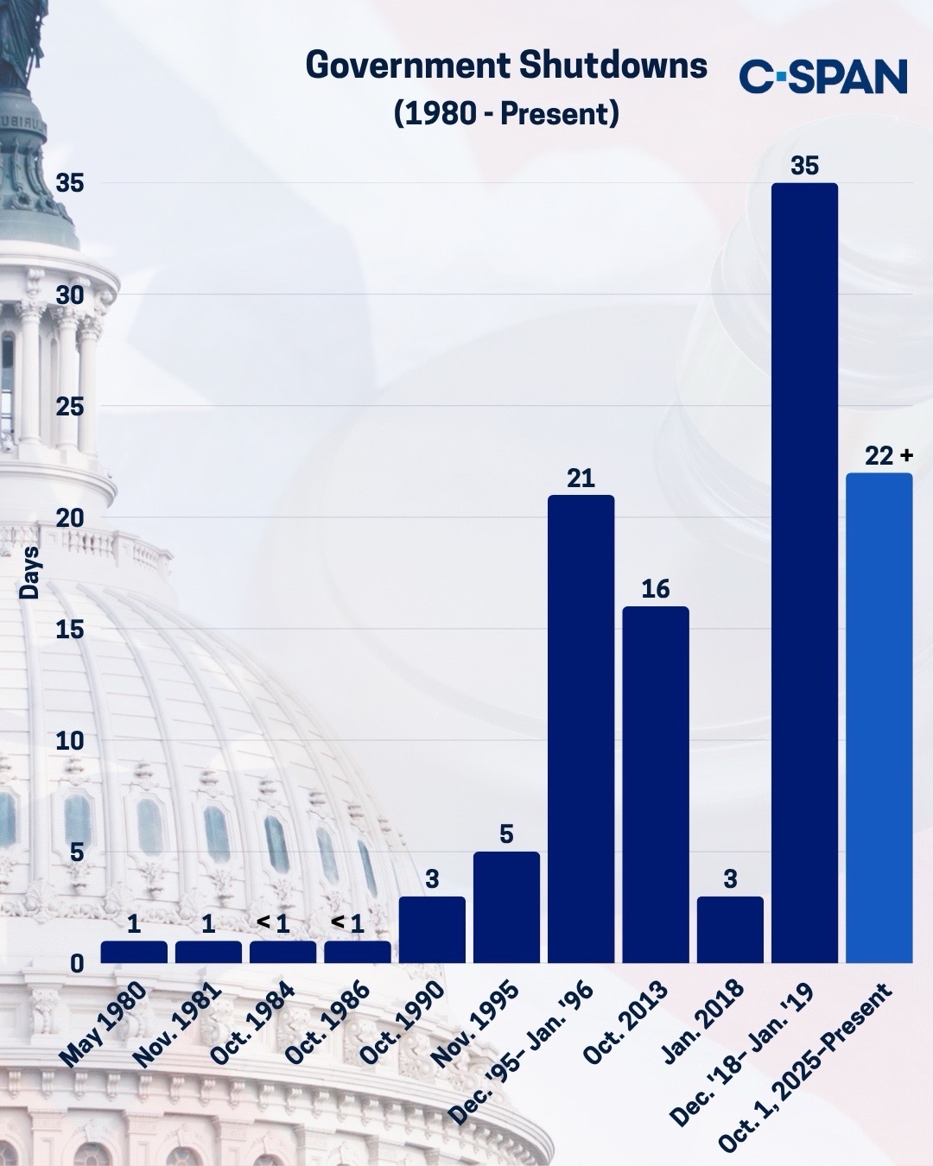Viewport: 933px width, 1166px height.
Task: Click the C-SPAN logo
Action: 822,76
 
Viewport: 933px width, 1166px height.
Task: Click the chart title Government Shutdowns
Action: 506,67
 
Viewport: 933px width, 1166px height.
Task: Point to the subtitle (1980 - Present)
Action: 506,113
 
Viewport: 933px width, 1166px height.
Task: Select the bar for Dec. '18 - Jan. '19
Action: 804,573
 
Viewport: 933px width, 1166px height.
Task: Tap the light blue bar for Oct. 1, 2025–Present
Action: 879,717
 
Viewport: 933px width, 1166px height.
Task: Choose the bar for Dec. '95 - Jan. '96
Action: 581,729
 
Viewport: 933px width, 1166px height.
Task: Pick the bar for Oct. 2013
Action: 656,784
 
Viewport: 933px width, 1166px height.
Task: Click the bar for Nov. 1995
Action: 507,907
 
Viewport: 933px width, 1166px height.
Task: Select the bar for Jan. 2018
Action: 730,929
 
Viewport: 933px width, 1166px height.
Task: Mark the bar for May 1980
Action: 134,952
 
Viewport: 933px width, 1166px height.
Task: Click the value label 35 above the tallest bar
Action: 804,166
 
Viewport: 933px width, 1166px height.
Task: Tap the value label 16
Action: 656,589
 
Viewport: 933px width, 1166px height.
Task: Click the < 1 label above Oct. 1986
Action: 348,923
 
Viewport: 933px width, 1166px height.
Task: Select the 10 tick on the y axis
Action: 70,741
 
